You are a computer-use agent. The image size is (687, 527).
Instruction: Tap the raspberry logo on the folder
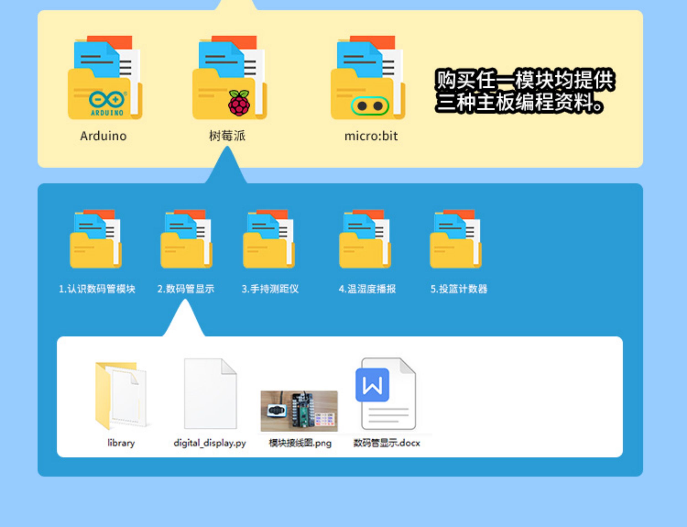click(x=239, y=103)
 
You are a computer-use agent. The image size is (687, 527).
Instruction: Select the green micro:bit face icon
click(x=370, y=106)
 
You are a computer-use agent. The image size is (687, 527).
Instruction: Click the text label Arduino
click(x=103, y=136)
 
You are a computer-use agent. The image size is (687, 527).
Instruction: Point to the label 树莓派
click(x=227, y=136)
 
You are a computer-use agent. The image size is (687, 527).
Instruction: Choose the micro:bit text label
click(x=371, y=136)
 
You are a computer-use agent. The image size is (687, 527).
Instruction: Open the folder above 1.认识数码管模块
click(x=96, y=239)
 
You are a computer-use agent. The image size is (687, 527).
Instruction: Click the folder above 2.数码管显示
click(x=186, y=239)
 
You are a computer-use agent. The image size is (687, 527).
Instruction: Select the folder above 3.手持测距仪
click(x=269, y=239)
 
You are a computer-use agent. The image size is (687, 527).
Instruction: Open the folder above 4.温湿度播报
click(x=365, y=239)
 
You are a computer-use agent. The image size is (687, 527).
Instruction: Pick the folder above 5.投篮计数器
click(x=455, y=239)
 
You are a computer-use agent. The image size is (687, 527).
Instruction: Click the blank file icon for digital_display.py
click(x=210, y=394)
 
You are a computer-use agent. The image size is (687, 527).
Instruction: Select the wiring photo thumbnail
click(x=299, y=411)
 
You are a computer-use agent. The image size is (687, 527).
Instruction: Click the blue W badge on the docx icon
click(x=372, y=385)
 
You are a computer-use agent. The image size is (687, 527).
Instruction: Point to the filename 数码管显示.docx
click(x=386, y=443)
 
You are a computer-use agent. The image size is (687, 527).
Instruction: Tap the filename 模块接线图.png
click(x=300, y=443)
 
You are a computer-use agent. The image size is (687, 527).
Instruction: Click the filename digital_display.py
click(x=210, y=443)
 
